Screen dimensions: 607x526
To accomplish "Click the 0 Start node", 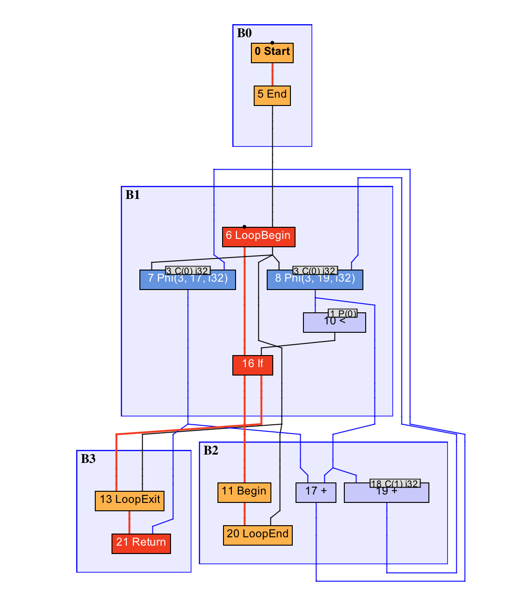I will pos(272,53).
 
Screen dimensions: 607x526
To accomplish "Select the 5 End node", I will pos(272,95).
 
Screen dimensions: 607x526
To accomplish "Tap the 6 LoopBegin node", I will pos(258,237).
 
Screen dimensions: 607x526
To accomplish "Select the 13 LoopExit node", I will pos(129,501).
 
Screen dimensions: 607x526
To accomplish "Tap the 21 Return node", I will pos(141,543).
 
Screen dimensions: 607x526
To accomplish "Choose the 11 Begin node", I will pos(244,492).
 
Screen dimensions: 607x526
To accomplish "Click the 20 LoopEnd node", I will pos(257,535).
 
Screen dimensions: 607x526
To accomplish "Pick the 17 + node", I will pos(316,492).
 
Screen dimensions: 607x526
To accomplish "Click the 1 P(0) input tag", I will pos(342,313).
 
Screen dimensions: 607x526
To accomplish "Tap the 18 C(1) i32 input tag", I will pos(395,483).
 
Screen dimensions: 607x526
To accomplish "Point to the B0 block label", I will pos(244,33).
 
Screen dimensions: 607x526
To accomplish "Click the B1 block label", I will pos(133,195).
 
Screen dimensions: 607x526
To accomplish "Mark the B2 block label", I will pos(211,450).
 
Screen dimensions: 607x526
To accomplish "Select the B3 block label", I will pos(88,459).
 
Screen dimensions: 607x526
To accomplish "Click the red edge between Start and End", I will pos(272,74).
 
